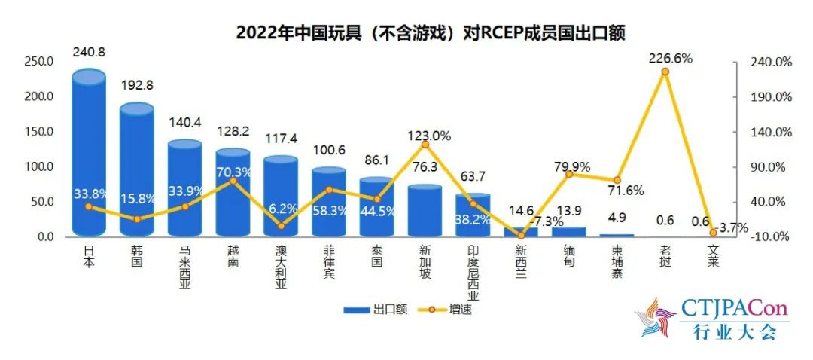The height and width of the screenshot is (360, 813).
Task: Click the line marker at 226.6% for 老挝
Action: pyautogui.click(x=665, y=72)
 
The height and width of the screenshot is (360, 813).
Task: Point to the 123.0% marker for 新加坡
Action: pyautogui.click(x=425, y=144)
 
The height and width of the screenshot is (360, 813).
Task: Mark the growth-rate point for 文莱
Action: pyautogui.click(x=713, y=233)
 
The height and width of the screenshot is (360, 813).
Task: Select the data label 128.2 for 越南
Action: pyautogui.click(x=233, y=131)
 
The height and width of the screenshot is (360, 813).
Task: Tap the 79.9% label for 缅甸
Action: pyautogui.click(x=573, y=167)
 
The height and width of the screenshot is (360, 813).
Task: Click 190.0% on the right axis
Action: pyautogui.click(x=767, y=97)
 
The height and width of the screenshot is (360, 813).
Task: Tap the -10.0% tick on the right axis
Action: pyautogui.click(x=768, y=237)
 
